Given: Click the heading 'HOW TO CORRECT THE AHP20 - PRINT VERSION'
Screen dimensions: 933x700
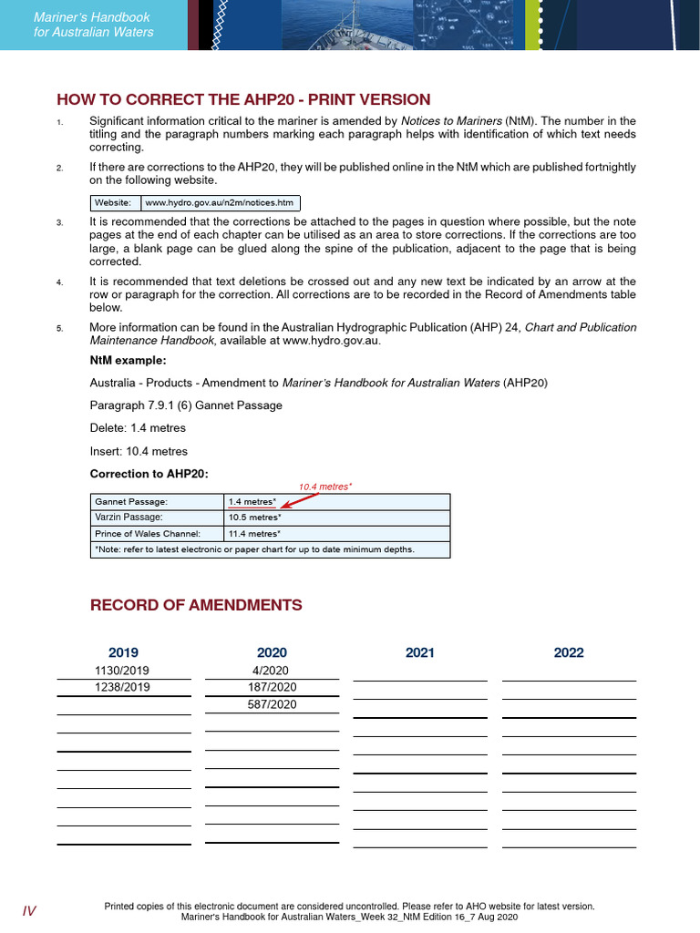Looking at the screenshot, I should (243, 99).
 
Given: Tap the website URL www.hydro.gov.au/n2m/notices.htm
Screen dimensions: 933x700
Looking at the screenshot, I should (220, 202).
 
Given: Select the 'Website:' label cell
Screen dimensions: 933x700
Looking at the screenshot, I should (113, 202).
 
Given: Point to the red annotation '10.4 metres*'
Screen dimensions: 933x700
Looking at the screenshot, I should (325, 487).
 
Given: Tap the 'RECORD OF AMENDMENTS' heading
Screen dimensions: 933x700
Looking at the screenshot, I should (196, 605).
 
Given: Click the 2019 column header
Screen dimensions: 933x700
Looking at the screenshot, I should (124, 652).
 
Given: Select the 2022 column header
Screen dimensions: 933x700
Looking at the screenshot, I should (569, 652).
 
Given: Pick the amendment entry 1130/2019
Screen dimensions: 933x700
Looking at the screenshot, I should (124, 670).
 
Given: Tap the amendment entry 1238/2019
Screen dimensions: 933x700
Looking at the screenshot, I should (124, 687).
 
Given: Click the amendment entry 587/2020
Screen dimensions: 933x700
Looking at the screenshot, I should (272, 704).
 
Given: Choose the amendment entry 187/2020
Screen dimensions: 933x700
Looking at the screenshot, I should (272, 687).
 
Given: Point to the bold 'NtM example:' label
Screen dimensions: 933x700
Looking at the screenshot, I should (128, 360).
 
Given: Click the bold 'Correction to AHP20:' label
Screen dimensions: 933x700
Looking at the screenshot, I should (149, 473).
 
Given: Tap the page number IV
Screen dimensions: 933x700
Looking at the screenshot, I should (29, 911).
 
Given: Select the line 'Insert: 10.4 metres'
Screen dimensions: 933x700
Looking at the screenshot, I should (139, 451).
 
